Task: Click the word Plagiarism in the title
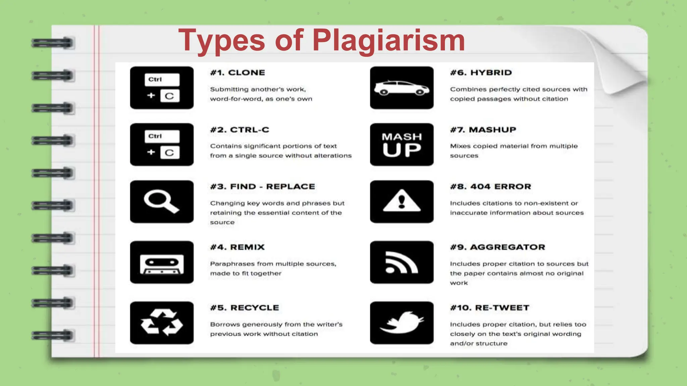pos(388,40)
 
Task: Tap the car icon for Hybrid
pos(402,88)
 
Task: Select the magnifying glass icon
pos(161,201)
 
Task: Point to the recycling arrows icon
pos(162,323)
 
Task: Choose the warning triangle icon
pos(402,201)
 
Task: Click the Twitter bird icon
pos(402,323)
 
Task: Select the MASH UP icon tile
pos(402,145)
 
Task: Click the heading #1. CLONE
pos(237,73)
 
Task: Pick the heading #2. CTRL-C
pos(240,130)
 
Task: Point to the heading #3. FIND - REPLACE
pos(263,187)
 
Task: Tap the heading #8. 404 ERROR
pos(490,187)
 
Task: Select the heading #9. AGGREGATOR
pos(497,247)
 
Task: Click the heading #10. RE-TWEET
pos(489,308)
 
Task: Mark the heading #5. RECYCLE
pos(245,308)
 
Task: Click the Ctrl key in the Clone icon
pos(162,80)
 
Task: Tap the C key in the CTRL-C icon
pos(170,153)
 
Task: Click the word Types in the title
pos(221,40)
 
